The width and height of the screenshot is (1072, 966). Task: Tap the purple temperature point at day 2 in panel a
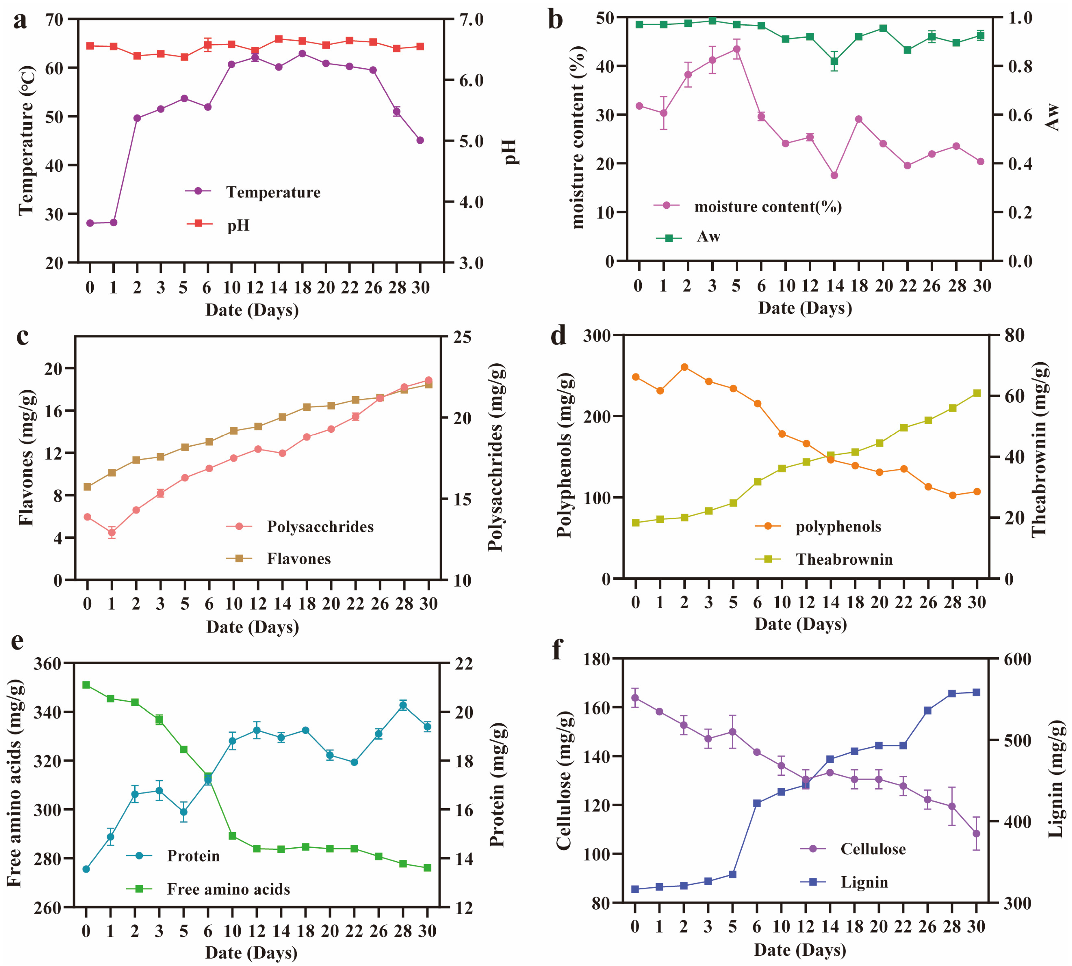coord(137,118)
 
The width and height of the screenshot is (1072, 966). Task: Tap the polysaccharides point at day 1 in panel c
coord(111,532)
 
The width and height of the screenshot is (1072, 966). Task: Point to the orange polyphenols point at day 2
coord(684,367)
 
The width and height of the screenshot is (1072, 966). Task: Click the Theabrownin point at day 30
coord(977,393)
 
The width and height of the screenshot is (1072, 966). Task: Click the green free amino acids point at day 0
coord(86,685)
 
